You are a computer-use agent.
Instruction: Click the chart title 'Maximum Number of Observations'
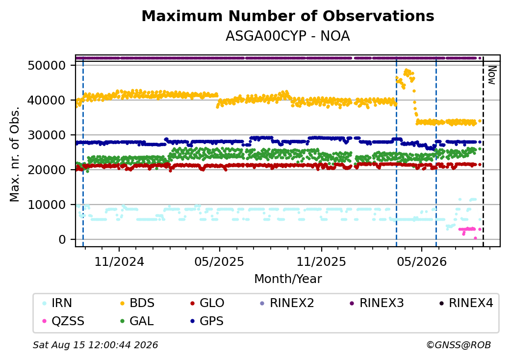click(x=288, y=16)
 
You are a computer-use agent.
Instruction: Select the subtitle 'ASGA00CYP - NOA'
click(x=288, y=36)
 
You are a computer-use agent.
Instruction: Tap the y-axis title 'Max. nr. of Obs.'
click(x=14, y=154)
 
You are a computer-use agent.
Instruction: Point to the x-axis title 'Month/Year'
click(x=288, y=279)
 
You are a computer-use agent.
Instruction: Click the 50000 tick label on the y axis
click(x=47, y=65)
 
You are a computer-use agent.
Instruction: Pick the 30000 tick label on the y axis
click(x=47, y=135)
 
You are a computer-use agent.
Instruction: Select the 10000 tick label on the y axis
click(x=47, y=205)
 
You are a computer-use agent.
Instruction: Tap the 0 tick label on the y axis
click(x=62, y=239)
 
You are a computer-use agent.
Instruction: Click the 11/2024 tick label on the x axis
click(x=119, y=261)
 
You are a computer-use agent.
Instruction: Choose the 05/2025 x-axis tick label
click(x=219, y=261)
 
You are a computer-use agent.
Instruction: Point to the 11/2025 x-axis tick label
click(x=321, y=261)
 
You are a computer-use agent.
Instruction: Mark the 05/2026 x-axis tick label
click(x=422, y=261)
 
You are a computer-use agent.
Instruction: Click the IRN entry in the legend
click(x=57, y=303)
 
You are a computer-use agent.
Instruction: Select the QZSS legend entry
click(x=63, y=321)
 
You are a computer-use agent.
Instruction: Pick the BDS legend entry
click(x=137, y=303)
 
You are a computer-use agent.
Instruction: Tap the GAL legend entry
click(x=137, y=321)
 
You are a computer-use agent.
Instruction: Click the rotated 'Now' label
click(x=492, y=75)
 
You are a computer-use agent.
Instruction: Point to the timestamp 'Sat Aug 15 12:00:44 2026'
click(x=95, y=345)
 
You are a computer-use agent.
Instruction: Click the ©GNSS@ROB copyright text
click(x=459, y=345)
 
